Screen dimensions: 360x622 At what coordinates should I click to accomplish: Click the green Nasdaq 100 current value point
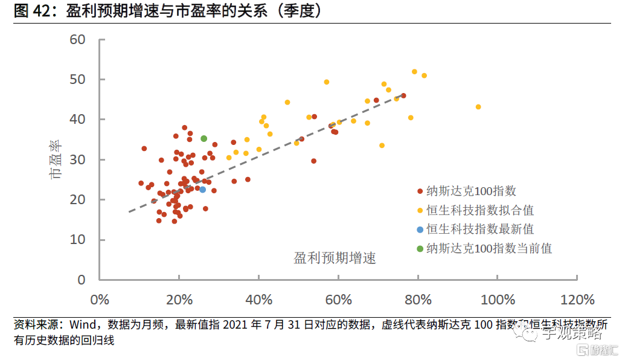(x=204, y=138)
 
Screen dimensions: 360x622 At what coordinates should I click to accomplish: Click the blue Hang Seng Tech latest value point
(x=203, y=190)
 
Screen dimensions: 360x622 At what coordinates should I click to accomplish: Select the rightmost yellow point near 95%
(x=478, y=107)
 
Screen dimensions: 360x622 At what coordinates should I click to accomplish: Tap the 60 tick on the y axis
(x=78, y=40)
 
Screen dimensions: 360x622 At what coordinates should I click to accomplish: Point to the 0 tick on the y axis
(x=82, y=280)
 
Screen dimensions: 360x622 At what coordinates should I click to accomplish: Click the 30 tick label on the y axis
(x=78, y=160)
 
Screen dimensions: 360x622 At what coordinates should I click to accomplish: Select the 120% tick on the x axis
(x=578, y=300)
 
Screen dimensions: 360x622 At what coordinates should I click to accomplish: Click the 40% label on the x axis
(x=258, y=300)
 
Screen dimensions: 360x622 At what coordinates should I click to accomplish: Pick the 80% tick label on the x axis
(x=418, y=300)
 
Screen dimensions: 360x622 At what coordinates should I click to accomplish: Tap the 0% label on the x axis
(x=99, y=300)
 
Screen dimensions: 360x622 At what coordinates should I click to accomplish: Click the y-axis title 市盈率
(x=55, y=160)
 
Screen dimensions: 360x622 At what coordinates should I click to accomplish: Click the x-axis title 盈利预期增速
(x=335, y=259)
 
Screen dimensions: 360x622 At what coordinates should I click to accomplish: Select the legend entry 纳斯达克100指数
(x=471, y=191)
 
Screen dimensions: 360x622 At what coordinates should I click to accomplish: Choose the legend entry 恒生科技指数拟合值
(x=480, y=210)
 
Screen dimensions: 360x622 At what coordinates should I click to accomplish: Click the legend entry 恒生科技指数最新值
(x=480, y=230)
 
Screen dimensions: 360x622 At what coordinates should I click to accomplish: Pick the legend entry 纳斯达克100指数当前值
(x=489, y=248)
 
